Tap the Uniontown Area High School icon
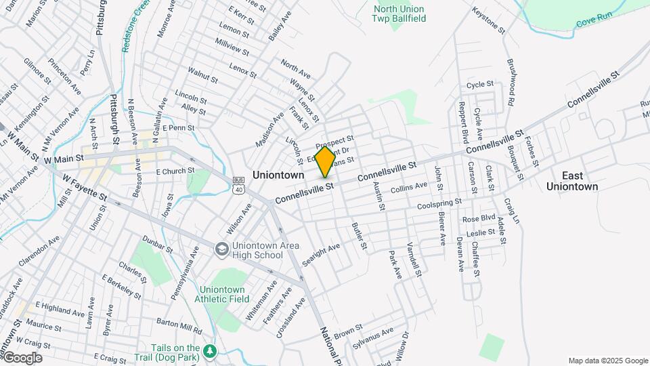[221, 250]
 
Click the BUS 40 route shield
[238, 185]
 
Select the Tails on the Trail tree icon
[211, 350]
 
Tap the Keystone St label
[488, 21]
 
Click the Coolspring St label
[439, 203]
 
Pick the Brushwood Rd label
[511, 81]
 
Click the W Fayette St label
[85, 187]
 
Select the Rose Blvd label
[478, 219]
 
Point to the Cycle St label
[480, 85]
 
